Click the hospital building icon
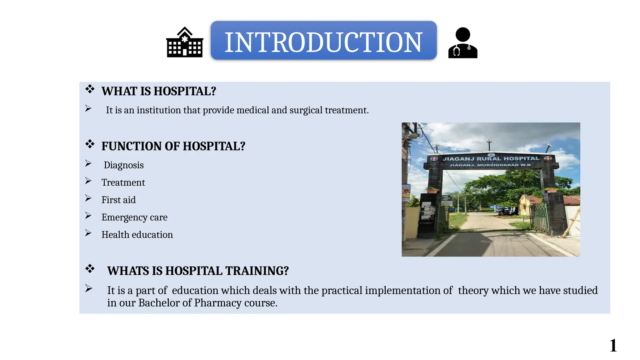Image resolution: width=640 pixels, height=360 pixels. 185,42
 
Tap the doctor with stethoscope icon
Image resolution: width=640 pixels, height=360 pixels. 463,43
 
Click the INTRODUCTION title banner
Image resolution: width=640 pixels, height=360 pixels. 323,41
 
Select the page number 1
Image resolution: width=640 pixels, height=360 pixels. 613,346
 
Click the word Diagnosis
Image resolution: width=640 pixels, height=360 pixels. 123,165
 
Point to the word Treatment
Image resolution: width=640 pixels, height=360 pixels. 123,182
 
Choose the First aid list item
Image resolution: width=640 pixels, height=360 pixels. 118,200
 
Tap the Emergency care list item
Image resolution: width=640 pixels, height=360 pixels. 134,217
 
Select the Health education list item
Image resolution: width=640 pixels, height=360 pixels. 137,235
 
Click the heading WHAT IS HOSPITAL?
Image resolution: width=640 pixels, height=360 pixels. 159,91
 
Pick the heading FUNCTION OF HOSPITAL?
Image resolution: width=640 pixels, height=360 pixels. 173,146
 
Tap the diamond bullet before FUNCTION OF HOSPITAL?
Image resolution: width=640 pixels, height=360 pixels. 90,144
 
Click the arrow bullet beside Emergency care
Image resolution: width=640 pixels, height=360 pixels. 88,216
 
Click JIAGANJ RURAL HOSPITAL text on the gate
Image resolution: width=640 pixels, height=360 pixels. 491,159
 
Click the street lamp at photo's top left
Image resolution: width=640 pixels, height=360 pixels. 412,136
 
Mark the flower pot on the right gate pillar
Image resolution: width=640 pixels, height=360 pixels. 551,190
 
